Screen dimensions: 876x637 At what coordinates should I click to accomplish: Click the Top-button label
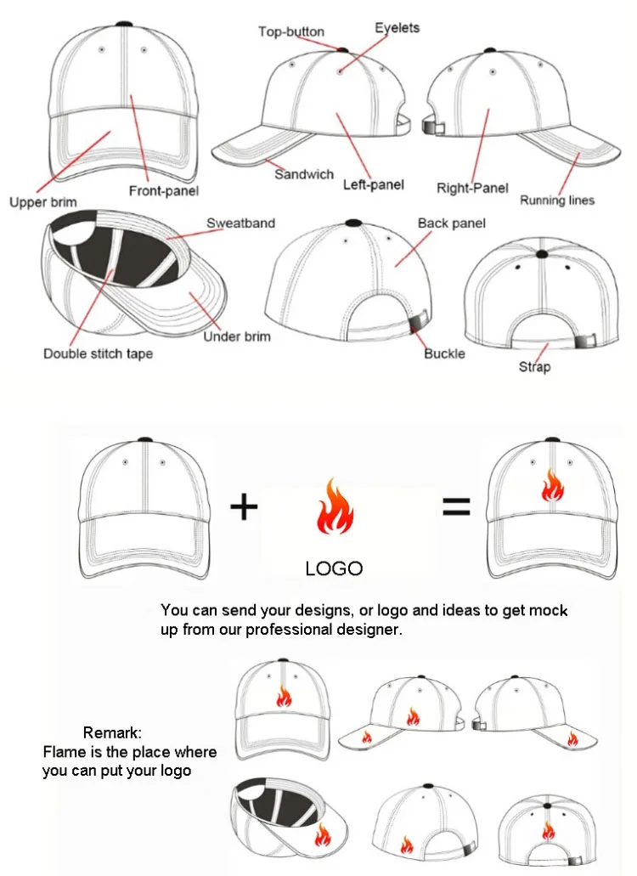click(291, 32)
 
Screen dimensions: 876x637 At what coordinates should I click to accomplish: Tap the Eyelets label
click(397, 28)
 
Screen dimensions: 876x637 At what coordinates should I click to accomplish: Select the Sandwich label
click(304, 174)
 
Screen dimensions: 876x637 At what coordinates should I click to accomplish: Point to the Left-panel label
click(374, 184)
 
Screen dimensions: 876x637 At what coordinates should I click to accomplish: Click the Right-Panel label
click(472, 188)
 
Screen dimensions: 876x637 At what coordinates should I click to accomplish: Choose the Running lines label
click(557, 201)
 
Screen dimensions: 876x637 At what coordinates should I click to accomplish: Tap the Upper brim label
click(42, 202)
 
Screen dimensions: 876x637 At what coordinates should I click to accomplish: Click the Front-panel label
click(164, 191)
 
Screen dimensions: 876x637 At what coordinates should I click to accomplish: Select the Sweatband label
click(241, 223)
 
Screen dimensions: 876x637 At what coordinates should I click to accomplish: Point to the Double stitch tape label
click(99, 353)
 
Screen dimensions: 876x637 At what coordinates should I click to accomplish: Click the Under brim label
click(237, 336)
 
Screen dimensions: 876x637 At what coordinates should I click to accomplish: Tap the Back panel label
click(452, 223)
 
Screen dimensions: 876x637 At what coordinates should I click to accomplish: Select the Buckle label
click(444, 353)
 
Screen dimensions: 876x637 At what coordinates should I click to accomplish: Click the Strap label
click(535, 367)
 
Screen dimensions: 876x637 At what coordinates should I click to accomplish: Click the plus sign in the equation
click(244, 507)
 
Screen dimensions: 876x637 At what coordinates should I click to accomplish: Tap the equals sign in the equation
click(456, 507)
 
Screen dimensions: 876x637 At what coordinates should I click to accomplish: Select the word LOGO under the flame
click(334, 568)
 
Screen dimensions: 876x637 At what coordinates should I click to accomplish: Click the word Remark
click(112, 732)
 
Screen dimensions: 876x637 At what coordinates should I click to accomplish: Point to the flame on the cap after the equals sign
click(552, 485)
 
